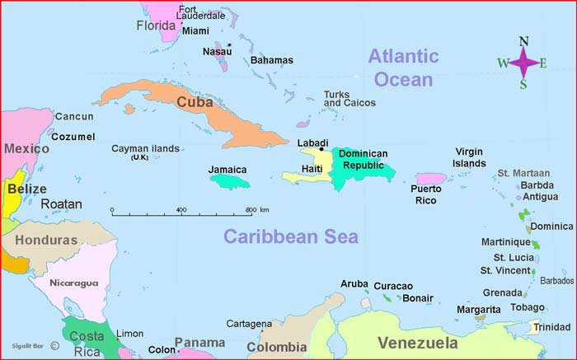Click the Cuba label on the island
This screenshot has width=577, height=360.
click(x=195, y=102)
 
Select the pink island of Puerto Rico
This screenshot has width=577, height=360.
click(x=430, y=179)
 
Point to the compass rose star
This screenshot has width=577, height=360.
click(x=523, y=62)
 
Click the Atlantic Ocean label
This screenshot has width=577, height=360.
click(x=403, y=68)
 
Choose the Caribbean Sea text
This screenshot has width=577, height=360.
click(x=291, y=237)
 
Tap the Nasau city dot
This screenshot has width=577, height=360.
click(x=229, y=44)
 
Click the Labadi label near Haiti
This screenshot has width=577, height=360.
click(x=312, y=143)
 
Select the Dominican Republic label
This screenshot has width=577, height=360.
click(x=363, y=159)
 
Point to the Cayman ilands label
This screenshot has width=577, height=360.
click(x=145, y=149)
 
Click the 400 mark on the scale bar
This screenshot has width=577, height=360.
click(x=181, y=210)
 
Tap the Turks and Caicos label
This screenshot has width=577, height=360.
click(x=349, y=99)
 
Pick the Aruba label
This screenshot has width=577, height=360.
click(x=354, y=283)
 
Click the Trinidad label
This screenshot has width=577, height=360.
click(x=551, y=327)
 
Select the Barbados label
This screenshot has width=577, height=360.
click(x=556, y=280)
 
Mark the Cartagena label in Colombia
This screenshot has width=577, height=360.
click(x=248, y=324)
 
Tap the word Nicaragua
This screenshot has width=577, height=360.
click(x=73, y=283)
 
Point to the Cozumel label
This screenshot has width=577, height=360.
click(x=73, y=137)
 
